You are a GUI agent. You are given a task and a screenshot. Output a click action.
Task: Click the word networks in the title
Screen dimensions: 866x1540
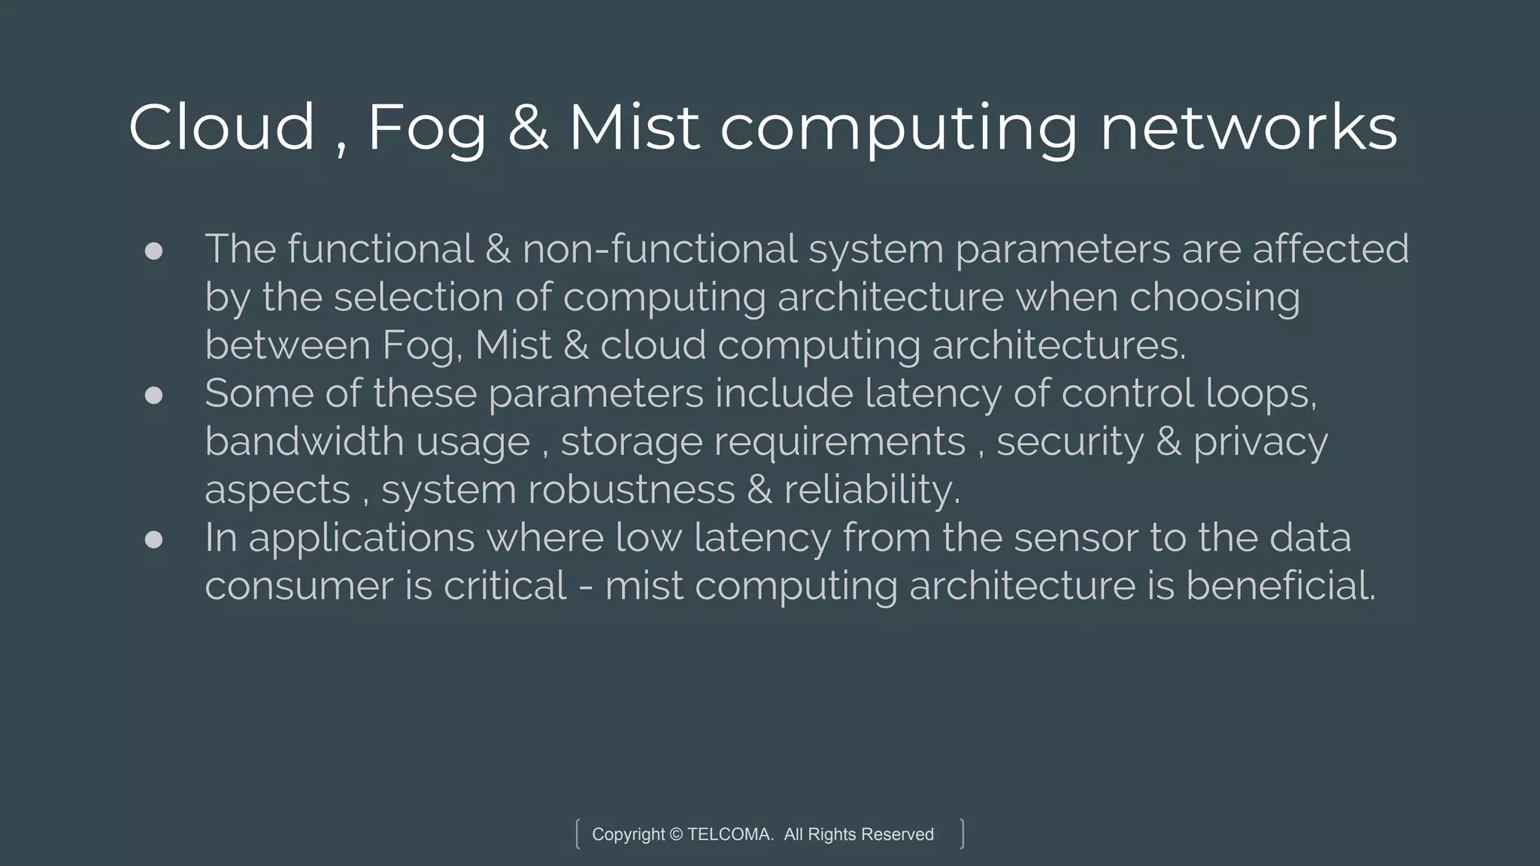(x=1248, y=128)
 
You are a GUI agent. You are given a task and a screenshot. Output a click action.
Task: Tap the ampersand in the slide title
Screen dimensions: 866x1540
(x=528, y=128)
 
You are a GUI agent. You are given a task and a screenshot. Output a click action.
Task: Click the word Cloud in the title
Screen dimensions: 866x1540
(x=221, y=128)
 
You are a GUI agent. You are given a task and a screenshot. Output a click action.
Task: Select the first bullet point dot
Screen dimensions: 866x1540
(x=153, y=251)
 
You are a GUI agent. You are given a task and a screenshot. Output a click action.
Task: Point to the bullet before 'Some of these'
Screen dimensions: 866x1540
(x=153, y=395)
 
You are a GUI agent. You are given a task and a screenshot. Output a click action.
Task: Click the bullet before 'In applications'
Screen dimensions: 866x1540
(x=153, y=540)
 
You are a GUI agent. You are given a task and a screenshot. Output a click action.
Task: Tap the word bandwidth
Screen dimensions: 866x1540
(x=305, y=441)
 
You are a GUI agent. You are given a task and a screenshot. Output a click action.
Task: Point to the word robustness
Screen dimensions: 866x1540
(x=632, y=489)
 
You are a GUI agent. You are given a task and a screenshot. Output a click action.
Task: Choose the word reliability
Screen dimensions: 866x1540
(x=872, y=491)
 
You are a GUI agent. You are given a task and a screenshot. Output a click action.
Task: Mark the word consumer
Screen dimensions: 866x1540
(x=299, y=586)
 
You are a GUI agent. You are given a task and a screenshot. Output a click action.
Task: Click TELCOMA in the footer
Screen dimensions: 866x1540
(x=730, y=834)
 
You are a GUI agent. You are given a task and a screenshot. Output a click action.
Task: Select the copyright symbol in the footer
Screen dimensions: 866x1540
(x=675, y=834)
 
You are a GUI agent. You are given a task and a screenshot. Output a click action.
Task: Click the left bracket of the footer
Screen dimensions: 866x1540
(x=577, y=834)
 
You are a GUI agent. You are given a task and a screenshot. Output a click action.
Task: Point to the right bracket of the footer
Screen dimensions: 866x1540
(x=962, y=834)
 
